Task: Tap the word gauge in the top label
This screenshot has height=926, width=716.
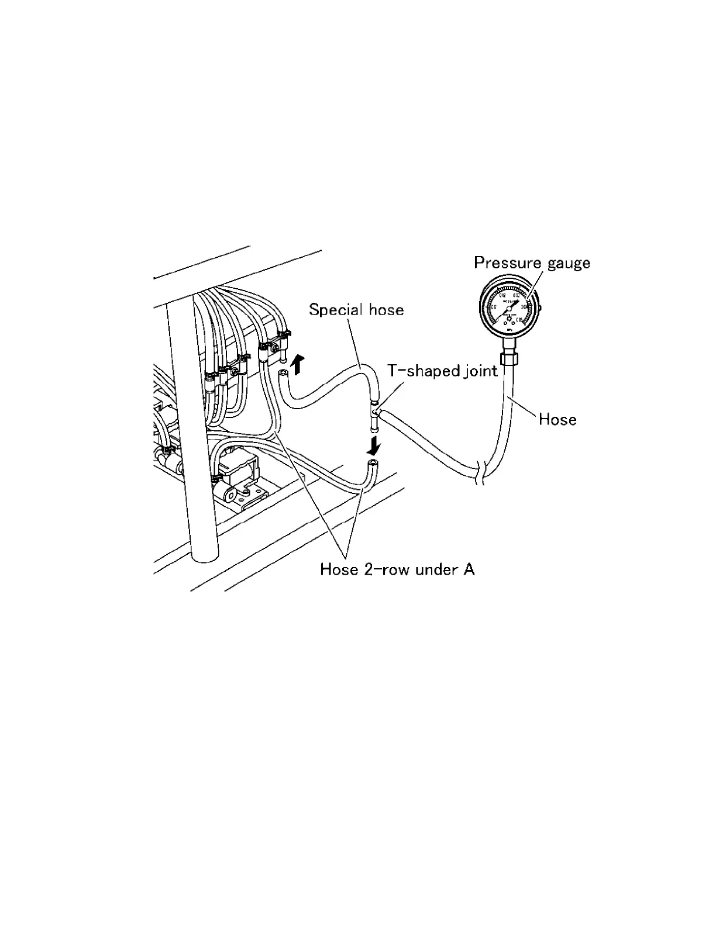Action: click(x=569, y=264)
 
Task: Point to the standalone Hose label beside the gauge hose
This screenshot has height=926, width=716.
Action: click(x=557, y=419)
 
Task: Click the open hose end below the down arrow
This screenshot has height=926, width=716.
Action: click(x=372, y=464)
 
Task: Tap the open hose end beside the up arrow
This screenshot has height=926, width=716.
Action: click(x=283, y=373)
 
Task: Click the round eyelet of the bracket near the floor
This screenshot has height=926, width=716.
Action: click(x=232, y=495)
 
